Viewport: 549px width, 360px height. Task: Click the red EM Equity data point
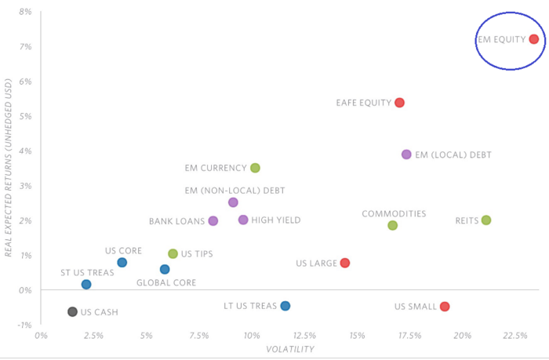click(533, 39)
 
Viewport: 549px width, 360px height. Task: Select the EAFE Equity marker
click(399, 103)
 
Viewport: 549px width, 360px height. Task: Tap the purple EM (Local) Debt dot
click(406, 155)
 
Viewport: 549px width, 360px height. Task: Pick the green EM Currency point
click(255, 168)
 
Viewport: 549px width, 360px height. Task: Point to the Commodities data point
click(392, 225)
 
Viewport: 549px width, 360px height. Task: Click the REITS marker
click(486, 220)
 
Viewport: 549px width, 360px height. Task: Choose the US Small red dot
click(445, 307)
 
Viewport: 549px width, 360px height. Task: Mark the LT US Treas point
click(285, 306)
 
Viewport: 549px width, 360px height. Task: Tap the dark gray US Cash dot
click(72, 311)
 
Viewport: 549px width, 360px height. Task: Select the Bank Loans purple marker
click(213, 221)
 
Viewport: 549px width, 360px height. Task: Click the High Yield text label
click(276, 220)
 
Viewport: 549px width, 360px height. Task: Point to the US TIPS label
click(197, 254)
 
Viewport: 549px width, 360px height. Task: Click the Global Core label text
click(166, 282)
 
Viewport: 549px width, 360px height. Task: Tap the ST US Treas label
click(87, 273)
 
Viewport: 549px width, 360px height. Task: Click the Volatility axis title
click(290, 349)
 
